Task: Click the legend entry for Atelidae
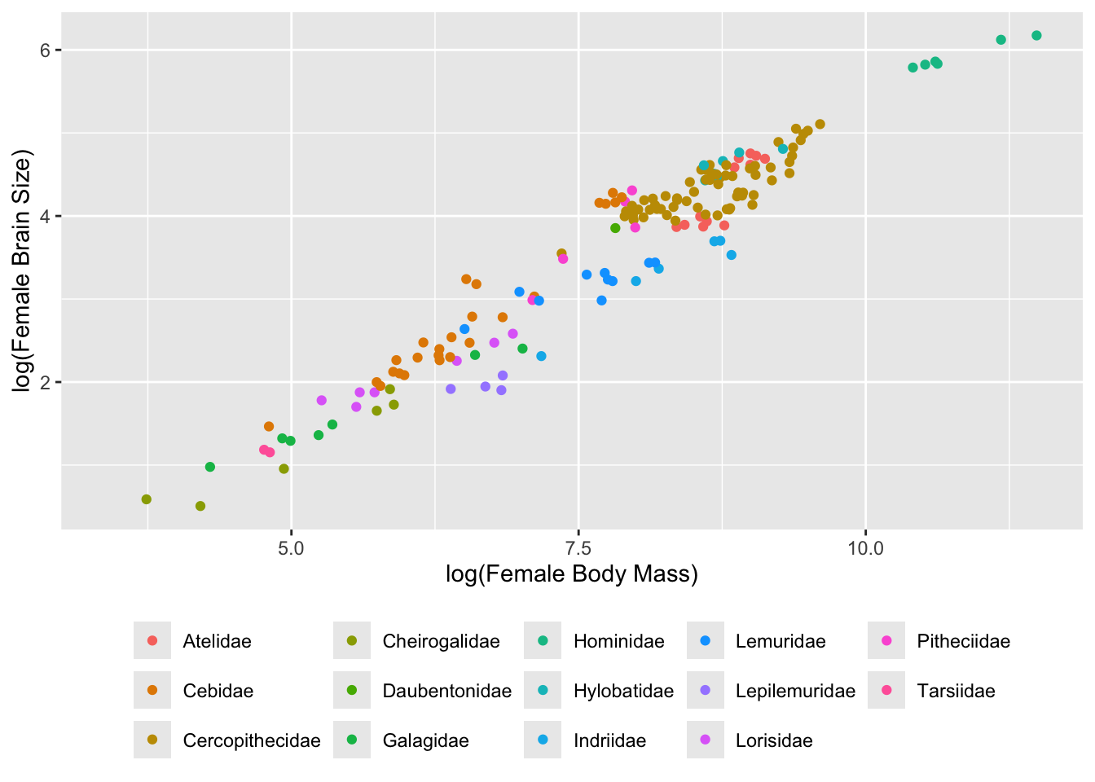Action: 217,641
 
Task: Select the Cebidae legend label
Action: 218,691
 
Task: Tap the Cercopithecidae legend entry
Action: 251,740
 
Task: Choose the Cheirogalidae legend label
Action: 441,641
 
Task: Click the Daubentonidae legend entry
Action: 446,691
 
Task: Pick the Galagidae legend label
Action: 425,740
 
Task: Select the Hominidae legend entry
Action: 618,641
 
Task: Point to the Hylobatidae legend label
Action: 623,691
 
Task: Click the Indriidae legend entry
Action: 609,740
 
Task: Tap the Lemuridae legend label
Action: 780,641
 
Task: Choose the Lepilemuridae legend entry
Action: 795,691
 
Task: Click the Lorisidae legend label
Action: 773,740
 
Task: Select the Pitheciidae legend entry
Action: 963,641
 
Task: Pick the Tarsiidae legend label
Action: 956,691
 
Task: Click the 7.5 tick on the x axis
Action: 578,547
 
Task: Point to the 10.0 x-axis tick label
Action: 865,547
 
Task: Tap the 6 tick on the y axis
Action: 46,51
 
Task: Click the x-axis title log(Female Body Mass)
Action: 571,574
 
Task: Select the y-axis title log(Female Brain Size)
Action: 22,270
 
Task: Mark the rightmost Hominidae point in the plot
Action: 1036,36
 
